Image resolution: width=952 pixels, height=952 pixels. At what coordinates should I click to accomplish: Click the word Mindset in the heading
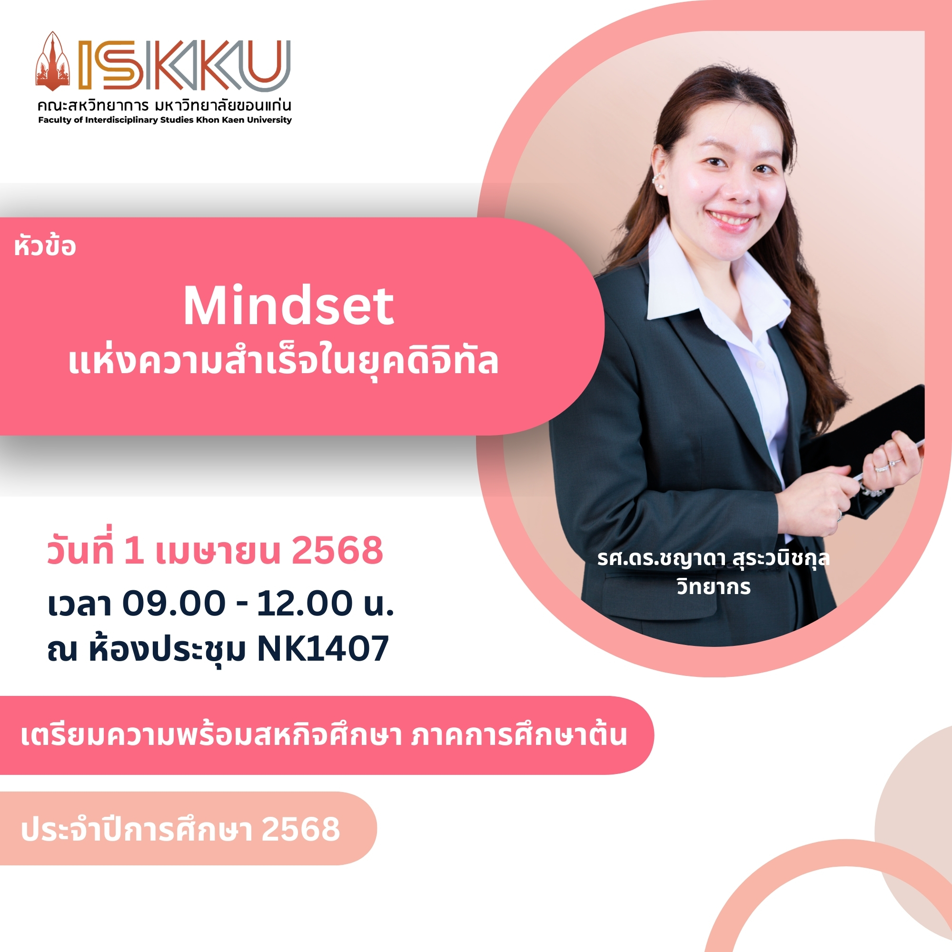[289, 307]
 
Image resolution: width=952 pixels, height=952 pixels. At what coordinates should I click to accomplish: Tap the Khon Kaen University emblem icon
[53, 61]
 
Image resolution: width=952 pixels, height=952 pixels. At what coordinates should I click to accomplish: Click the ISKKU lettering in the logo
[184, 66]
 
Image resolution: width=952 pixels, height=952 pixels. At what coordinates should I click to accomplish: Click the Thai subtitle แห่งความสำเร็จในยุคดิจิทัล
[283, 361]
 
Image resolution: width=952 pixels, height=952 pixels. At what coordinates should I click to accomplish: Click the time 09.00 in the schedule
[174, 603]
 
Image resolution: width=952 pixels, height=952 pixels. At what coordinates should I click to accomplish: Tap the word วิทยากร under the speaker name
[714, 587]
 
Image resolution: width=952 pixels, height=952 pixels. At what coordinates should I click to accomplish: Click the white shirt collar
[710, 276]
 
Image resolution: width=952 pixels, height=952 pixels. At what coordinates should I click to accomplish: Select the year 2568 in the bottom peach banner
[300, 829]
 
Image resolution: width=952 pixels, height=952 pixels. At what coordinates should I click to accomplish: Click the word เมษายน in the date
[218, 551]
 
